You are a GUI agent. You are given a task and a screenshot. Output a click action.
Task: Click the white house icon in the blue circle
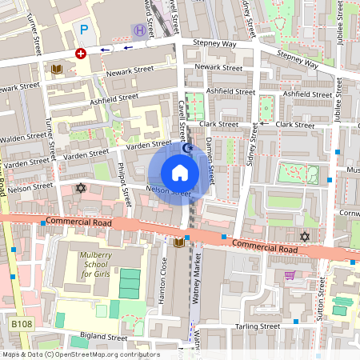pos(180,173)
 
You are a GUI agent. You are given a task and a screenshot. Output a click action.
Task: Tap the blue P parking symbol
pos(84,30)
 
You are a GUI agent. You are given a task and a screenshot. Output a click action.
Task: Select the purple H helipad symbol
pos(140,30)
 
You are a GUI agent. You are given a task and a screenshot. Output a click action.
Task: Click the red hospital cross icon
pos(80,53)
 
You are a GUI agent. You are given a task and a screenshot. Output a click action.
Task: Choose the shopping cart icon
pos(289,274)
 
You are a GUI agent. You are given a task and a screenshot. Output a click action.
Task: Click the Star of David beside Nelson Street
pos(79,187)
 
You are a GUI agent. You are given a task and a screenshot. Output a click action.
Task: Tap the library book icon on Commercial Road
pos(178,242)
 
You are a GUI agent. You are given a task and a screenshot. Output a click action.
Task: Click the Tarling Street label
pos(258,326)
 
